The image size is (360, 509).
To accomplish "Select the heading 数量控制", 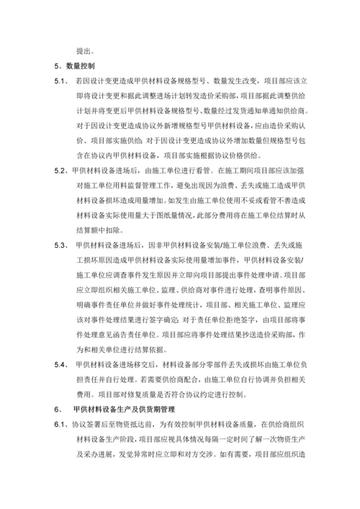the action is [85, 66].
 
